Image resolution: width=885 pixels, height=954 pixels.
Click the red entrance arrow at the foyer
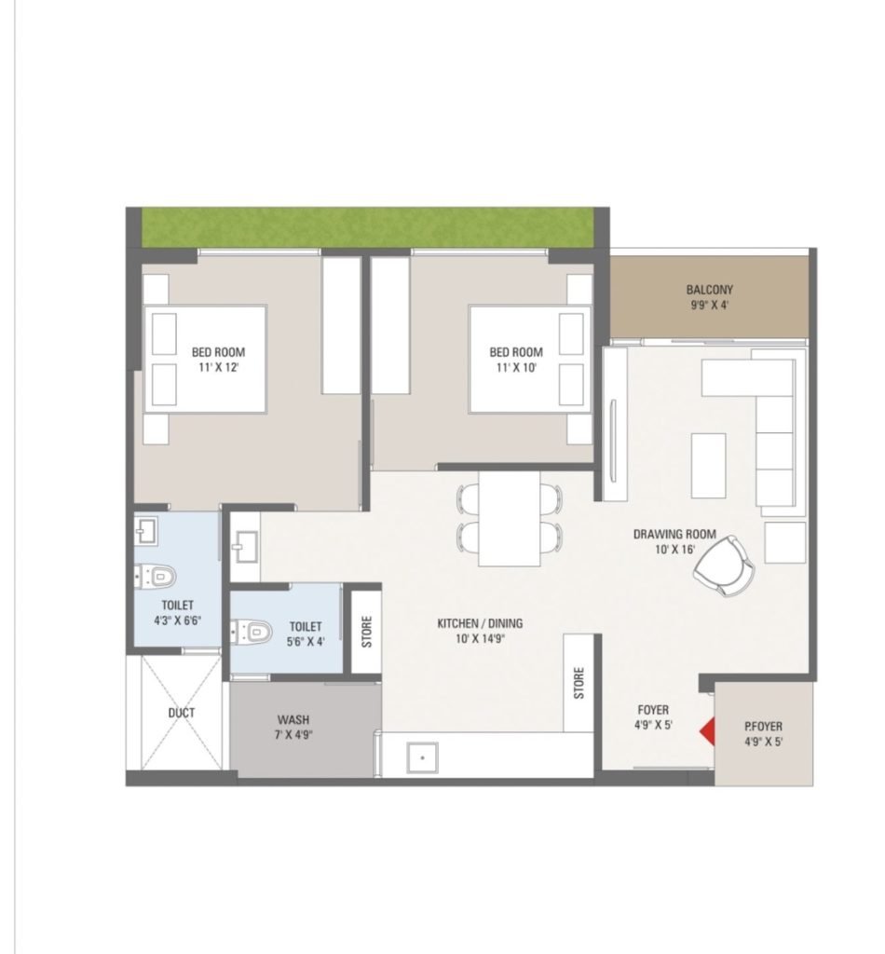pos(708,732)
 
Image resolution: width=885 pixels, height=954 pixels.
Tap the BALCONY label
pos(709,290)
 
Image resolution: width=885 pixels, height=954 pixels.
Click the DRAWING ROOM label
pos(674,534)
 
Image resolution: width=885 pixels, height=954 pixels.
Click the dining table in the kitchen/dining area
pos(509,518)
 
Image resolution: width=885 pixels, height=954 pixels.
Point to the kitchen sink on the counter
pos(422,758)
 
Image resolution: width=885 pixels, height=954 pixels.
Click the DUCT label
pos(182,713)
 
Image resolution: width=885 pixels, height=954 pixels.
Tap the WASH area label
pos(293,720)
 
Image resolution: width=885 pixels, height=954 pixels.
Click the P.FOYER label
pos(763,727)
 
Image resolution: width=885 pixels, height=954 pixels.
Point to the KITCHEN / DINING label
pos(480,623)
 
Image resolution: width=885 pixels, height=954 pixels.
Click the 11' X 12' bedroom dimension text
pos(218,367)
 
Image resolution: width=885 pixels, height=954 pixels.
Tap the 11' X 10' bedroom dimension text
pos(516,367)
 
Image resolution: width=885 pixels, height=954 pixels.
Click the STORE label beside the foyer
pos(579,683)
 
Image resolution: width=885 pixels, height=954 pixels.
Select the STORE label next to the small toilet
pos(367,632)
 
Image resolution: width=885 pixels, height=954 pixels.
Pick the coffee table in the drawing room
pos(709,466)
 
